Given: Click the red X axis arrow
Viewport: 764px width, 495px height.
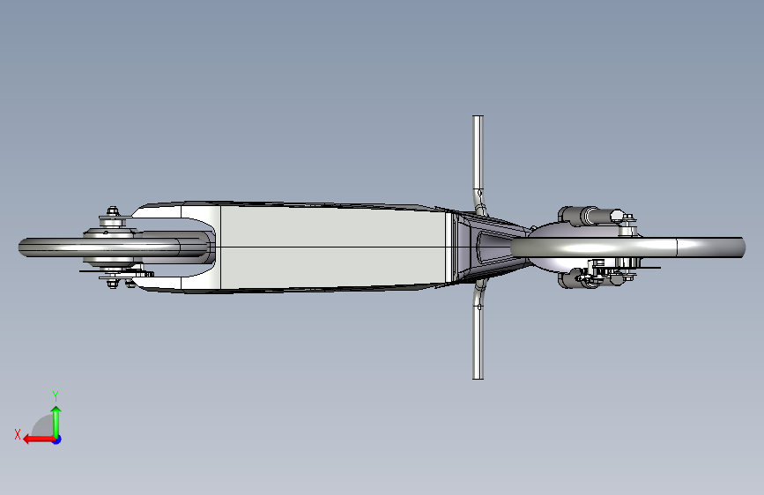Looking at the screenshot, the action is point(39,440).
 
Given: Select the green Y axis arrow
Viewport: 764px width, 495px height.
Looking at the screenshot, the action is point(56,423).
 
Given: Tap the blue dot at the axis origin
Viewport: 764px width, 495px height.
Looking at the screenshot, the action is point(57,440).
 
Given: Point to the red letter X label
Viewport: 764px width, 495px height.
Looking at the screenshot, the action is point(18,434).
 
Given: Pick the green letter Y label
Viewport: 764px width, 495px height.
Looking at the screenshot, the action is point(56,395).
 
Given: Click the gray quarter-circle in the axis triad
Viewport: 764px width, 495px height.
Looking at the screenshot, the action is point(42,426).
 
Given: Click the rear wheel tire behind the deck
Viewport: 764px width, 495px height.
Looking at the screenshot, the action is point(112,247).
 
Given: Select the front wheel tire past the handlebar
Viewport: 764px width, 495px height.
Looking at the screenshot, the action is point(628,247).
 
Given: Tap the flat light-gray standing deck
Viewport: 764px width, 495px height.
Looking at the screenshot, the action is point(333,247).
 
